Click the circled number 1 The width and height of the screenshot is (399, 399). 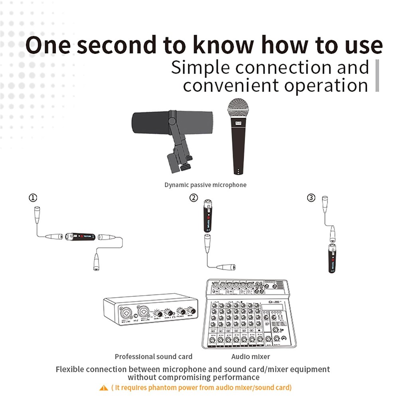pyautogui.click(x=34, y=198)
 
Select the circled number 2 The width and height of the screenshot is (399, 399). pyautogui.click(x=194, y=198)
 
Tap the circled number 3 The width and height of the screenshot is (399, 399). pyautogui.click(x=311, y=198)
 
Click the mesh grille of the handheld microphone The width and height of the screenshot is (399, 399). pyautogui.click(x=238, y=109)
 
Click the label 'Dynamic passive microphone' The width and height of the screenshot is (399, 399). pyautogui.click(x=205, y=185)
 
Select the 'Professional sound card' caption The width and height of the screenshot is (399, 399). pyautogui.click(x=153, y=356)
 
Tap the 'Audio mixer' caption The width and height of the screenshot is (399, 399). pyautogui.click(x=251, y=356)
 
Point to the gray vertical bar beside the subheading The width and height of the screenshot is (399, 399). pyautogui.click(x=377, y=76)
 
